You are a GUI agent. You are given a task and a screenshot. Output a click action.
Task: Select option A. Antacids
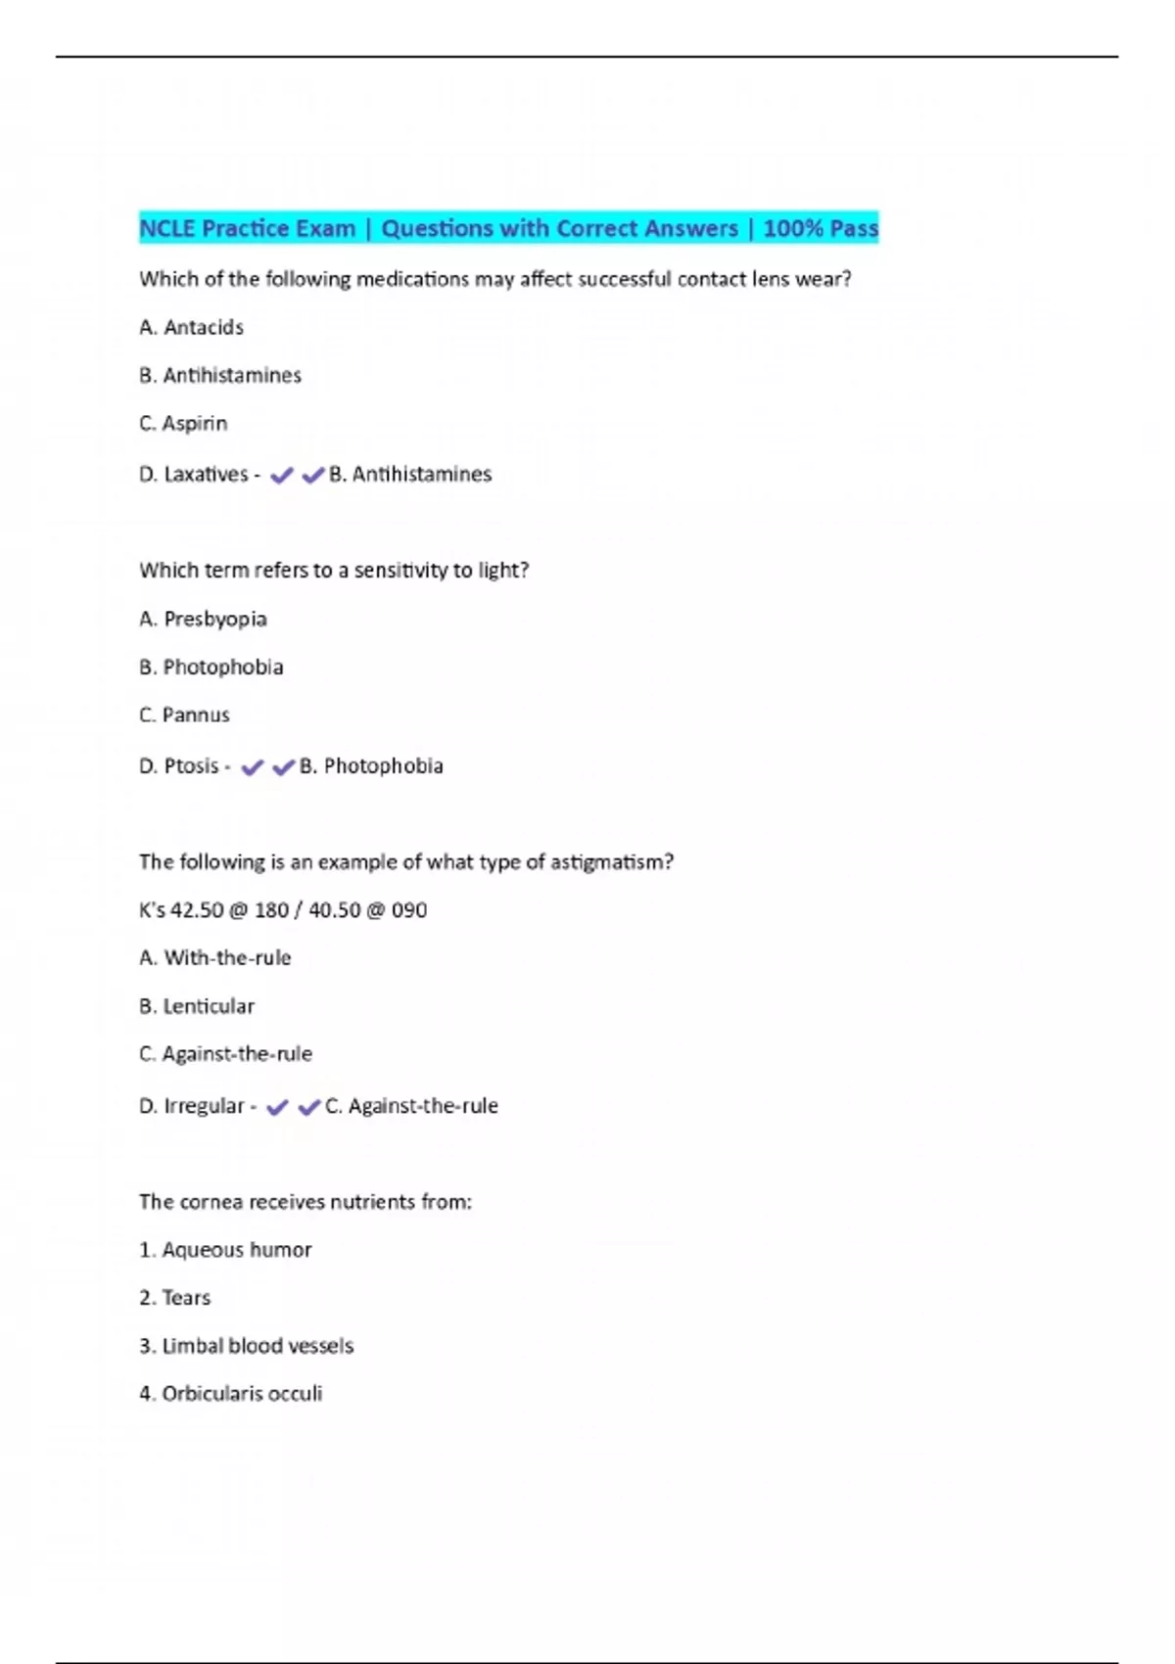[191, 327]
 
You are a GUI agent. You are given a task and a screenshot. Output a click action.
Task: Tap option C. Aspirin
[183, 423]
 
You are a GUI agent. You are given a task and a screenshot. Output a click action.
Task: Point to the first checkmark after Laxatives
[281, 476]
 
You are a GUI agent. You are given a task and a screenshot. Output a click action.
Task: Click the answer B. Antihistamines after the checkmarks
[410, 475]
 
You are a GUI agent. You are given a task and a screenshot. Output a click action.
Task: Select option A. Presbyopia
[203, 619]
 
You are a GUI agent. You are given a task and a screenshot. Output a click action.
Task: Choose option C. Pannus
[184, 715]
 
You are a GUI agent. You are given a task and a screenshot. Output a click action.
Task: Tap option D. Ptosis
[179, 765]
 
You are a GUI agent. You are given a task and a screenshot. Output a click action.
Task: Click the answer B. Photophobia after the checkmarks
[371, 765]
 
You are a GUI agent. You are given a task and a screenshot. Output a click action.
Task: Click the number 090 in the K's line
[409, 910]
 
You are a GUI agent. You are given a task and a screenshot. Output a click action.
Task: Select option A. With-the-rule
[215, 957]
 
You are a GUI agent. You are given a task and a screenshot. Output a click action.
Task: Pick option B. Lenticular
[197, 1006]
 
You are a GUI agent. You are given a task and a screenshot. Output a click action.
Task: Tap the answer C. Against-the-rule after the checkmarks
[411, 1106]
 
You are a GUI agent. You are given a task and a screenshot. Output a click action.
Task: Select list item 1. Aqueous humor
[225, 1250]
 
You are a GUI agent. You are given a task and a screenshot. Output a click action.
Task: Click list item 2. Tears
[175, 1298]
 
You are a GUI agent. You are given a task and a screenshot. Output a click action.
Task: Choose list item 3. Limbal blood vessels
[246, 1346]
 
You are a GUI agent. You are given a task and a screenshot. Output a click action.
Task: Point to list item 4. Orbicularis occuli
[230, 1394]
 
